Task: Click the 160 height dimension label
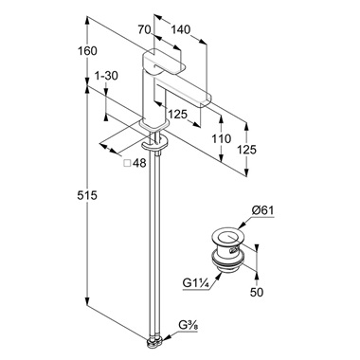87,50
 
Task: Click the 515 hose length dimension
87,195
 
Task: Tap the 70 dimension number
144,29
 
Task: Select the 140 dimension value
181,29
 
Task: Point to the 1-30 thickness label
106,76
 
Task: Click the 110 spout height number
222,138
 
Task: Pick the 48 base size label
139,163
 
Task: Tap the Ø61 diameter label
262,210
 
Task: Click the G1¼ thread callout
196,282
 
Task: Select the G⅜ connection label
189,325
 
